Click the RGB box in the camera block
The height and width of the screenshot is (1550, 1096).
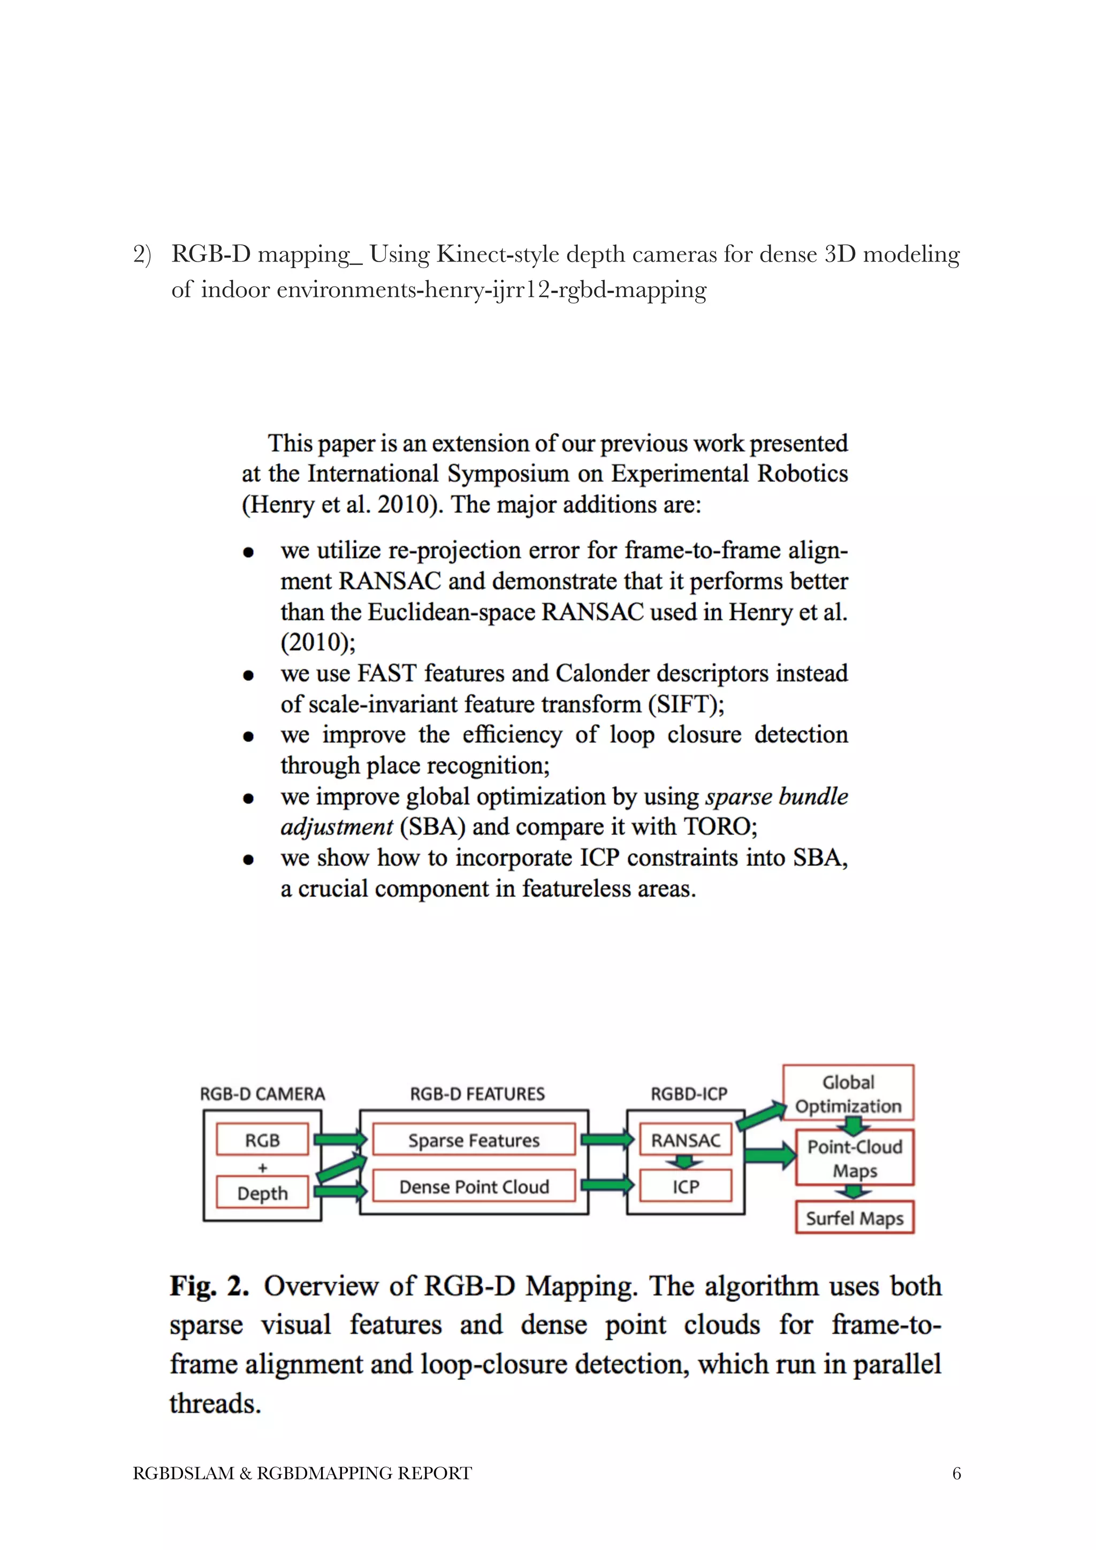(x=262, y=1140)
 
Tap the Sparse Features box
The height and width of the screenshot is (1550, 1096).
(x=474, y=1140)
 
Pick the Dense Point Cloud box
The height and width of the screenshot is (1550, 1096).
(x=474, y=1187)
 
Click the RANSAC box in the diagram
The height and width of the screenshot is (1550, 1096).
(x=686, y=1140)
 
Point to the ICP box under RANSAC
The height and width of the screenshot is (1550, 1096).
(x=686, y=1187)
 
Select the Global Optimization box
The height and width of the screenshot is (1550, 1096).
(x=848, y=1094)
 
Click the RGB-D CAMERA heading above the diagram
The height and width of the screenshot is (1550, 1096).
(x=262, y=1094)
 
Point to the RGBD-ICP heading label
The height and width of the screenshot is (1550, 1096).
(x=689, y=1094)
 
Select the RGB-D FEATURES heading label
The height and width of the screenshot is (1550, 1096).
(x=477, y=1094)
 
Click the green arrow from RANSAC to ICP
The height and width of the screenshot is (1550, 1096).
(x=685, y=1163)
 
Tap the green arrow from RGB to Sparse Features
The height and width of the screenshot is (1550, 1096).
(x=340, y=1140)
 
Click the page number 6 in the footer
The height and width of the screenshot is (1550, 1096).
(x=956, y=1473)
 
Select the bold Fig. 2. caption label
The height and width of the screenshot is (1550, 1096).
(x=209, y=1286)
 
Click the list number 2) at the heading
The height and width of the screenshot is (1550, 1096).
(x=142, y=255)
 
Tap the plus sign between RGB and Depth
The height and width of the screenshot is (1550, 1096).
(x=262, y=1167)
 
